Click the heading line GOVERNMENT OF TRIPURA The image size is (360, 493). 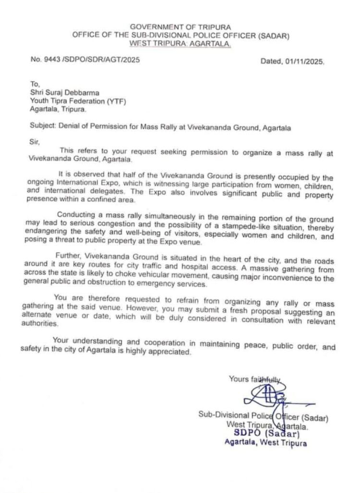point(180,27)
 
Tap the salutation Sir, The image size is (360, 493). point(34,142)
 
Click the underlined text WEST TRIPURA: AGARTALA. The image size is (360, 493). point(180,44)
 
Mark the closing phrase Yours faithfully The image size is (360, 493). point(254,379)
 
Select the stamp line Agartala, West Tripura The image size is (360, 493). point(265,443)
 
